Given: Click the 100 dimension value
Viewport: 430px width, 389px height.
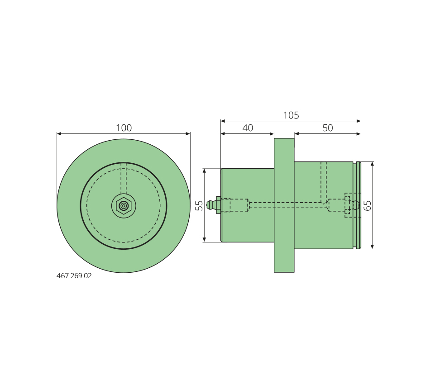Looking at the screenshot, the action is point(124,128).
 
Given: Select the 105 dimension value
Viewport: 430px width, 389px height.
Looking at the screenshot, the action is point(291,115).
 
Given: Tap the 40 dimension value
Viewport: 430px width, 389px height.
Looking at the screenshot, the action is point(248,128).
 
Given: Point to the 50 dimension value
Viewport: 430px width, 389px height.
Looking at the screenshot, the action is point(328,128).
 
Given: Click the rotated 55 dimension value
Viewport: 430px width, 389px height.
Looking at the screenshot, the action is point(200,205).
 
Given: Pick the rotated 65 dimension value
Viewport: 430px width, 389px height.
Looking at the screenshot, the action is point(367,205).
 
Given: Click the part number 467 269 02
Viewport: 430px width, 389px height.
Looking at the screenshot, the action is point(74,276).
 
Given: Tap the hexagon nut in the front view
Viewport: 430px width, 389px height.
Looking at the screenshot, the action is point(124,205).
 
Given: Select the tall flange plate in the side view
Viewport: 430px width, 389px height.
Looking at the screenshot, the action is point(284,205).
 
